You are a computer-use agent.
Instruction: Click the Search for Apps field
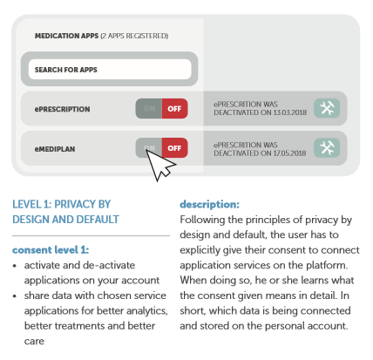(110, 69)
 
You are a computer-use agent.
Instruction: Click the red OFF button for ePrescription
(174, 108)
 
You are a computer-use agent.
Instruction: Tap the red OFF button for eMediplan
(174, 146)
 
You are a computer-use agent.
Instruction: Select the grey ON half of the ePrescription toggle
(148, 108)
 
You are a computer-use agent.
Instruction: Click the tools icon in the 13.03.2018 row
(328, 108)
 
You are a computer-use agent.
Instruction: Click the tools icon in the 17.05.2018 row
(328, 147)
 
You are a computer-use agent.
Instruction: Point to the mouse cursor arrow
(159, 162)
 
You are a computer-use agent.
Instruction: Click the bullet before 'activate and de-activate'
(17, 265)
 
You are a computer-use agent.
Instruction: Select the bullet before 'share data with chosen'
(17, 296)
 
